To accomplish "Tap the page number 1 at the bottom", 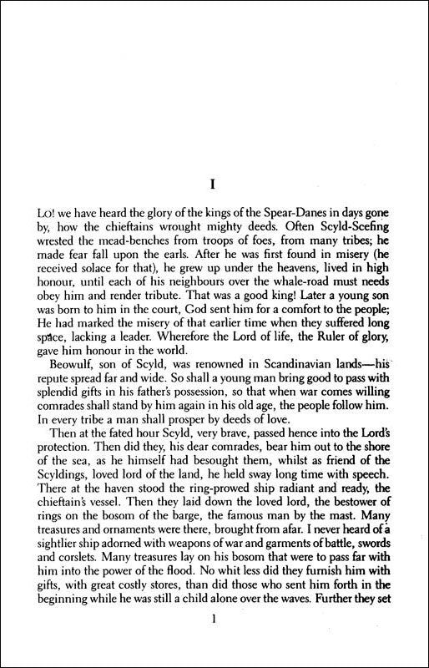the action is tap(215, 642).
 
